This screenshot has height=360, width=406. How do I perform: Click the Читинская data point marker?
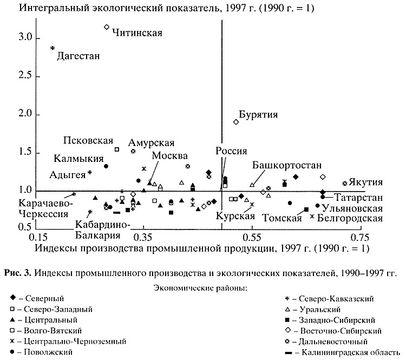pyautogui.click(x=107, y=27)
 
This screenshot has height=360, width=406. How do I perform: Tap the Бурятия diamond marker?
pyautogui.click(x=236, y=122)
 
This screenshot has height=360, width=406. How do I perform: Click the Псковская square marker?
pyautogui.click(x=116, y=149)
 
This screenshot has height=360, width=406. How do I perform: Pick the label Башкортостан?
pyautogui.click(x=287, y=166)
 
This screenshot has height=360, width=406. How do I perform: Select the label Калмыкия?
pyautogui.click(x=78, y=159)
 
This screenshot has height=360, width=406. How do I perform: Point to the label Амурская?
pyautogui.click(x=151, y=143)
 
